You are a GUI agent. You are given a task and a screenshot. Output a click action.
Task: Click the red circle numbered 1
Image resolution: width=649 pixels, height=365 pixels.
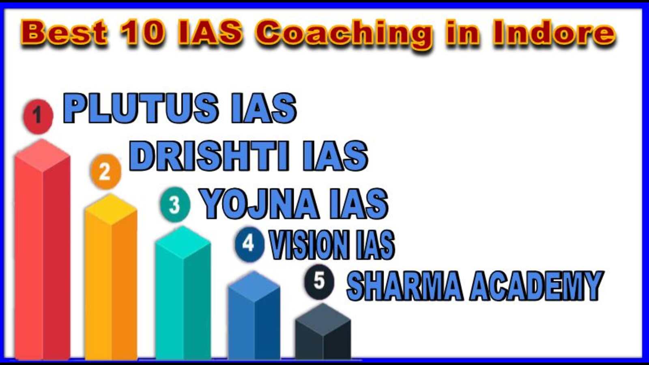coord(38,116)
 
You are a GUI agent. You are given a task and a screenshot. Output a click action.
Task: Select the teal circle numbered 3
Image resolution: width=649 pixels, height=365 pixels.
coord(175,204)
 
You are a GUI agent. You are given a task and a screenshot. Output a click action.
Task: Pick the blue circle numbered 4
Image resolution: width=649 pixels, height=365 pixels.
coord(249,244)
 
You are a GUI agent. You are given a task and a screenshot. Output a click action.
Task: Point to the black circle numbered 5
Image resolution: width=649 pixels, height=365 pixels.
coord(319,282)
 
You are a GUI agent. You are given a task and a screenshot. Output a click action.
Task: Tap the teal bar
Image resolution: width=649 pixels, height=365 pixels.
coord(183,292)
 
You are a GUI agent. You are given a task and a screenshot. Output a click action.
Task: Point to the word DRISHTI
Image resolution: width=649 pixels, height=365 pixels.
coord(209,156)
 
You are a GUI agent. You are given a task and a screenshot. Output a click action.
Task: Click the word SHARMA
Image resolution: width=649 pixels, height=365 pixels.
coord(405,286)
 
